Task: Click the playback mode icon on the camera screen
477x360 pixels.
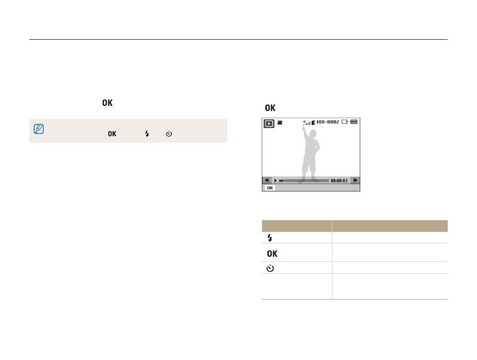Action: point(269,123)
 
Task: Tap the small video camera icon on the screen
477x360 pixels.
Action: point(280,122)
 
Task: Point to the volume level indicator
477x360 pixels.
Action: point(309,122)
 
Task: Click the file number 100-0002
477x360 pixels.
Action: point(328,122)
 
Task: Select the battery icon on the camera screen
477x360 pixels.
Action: point(354,122)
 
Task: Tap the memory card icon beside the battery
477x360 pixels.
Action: point(344,122)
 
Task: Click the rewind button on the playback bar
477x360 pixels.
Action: point(267,180)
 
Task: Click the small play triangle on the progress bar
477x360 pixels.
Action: point(276,180)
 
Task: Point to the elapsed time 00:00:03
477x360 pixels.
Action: point(339,180)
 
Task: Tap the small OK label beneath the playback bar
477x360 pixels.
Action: point(270,188)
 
